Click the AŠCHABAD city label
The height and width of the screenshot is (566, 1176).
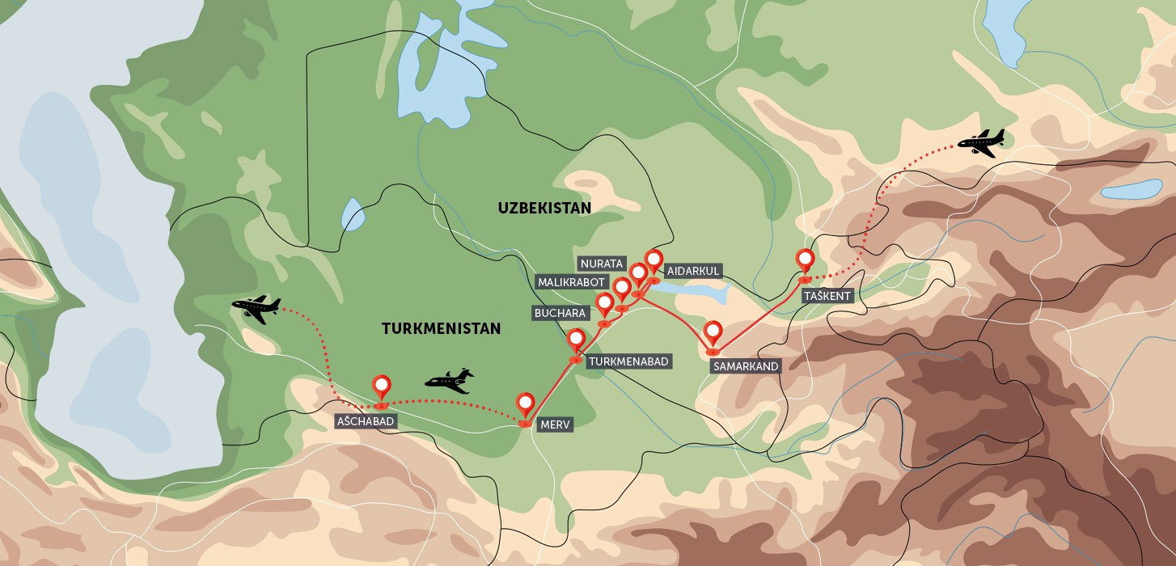(366, 422)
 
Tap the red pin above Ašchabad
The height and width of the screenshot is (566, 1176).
(381, 387)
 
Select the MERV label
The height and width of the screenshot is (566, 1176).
(556, 424)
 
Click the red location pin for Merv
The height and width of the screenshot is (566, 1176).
(526, 403)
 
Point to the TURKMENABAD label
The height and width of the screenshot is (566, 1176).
(628, 361)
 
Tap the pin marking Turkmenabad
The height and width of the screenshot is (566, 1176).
(577, 340)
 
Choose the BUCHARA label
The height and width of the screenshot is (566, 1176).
(560, 313)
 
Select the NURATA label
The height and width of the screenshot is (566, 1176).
(602, 264)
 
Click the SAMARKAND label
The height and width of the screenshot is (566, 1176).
(746, 366)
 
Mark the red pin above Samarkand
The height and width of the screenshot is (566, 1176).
(713, 332)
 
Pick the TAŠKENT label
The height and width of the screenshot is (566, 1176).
(827, 296)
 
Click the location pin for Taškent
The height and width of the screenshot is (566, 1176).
(805, 260)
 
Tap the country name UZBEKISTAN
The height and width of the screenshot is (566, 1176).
(544, 208)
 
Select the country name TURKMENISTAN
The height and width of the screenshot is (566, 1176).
(441, 328)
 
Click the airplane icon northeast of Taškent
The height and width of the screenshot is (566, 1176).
(981, 142)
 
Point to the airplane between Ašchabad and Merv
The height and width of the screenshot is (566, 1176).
(450, 381)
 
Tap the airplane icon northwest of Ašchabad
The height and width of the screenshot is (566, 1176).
(256, 309)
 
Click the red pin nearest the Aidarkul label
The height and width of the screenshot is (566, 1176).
(654, 261)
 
